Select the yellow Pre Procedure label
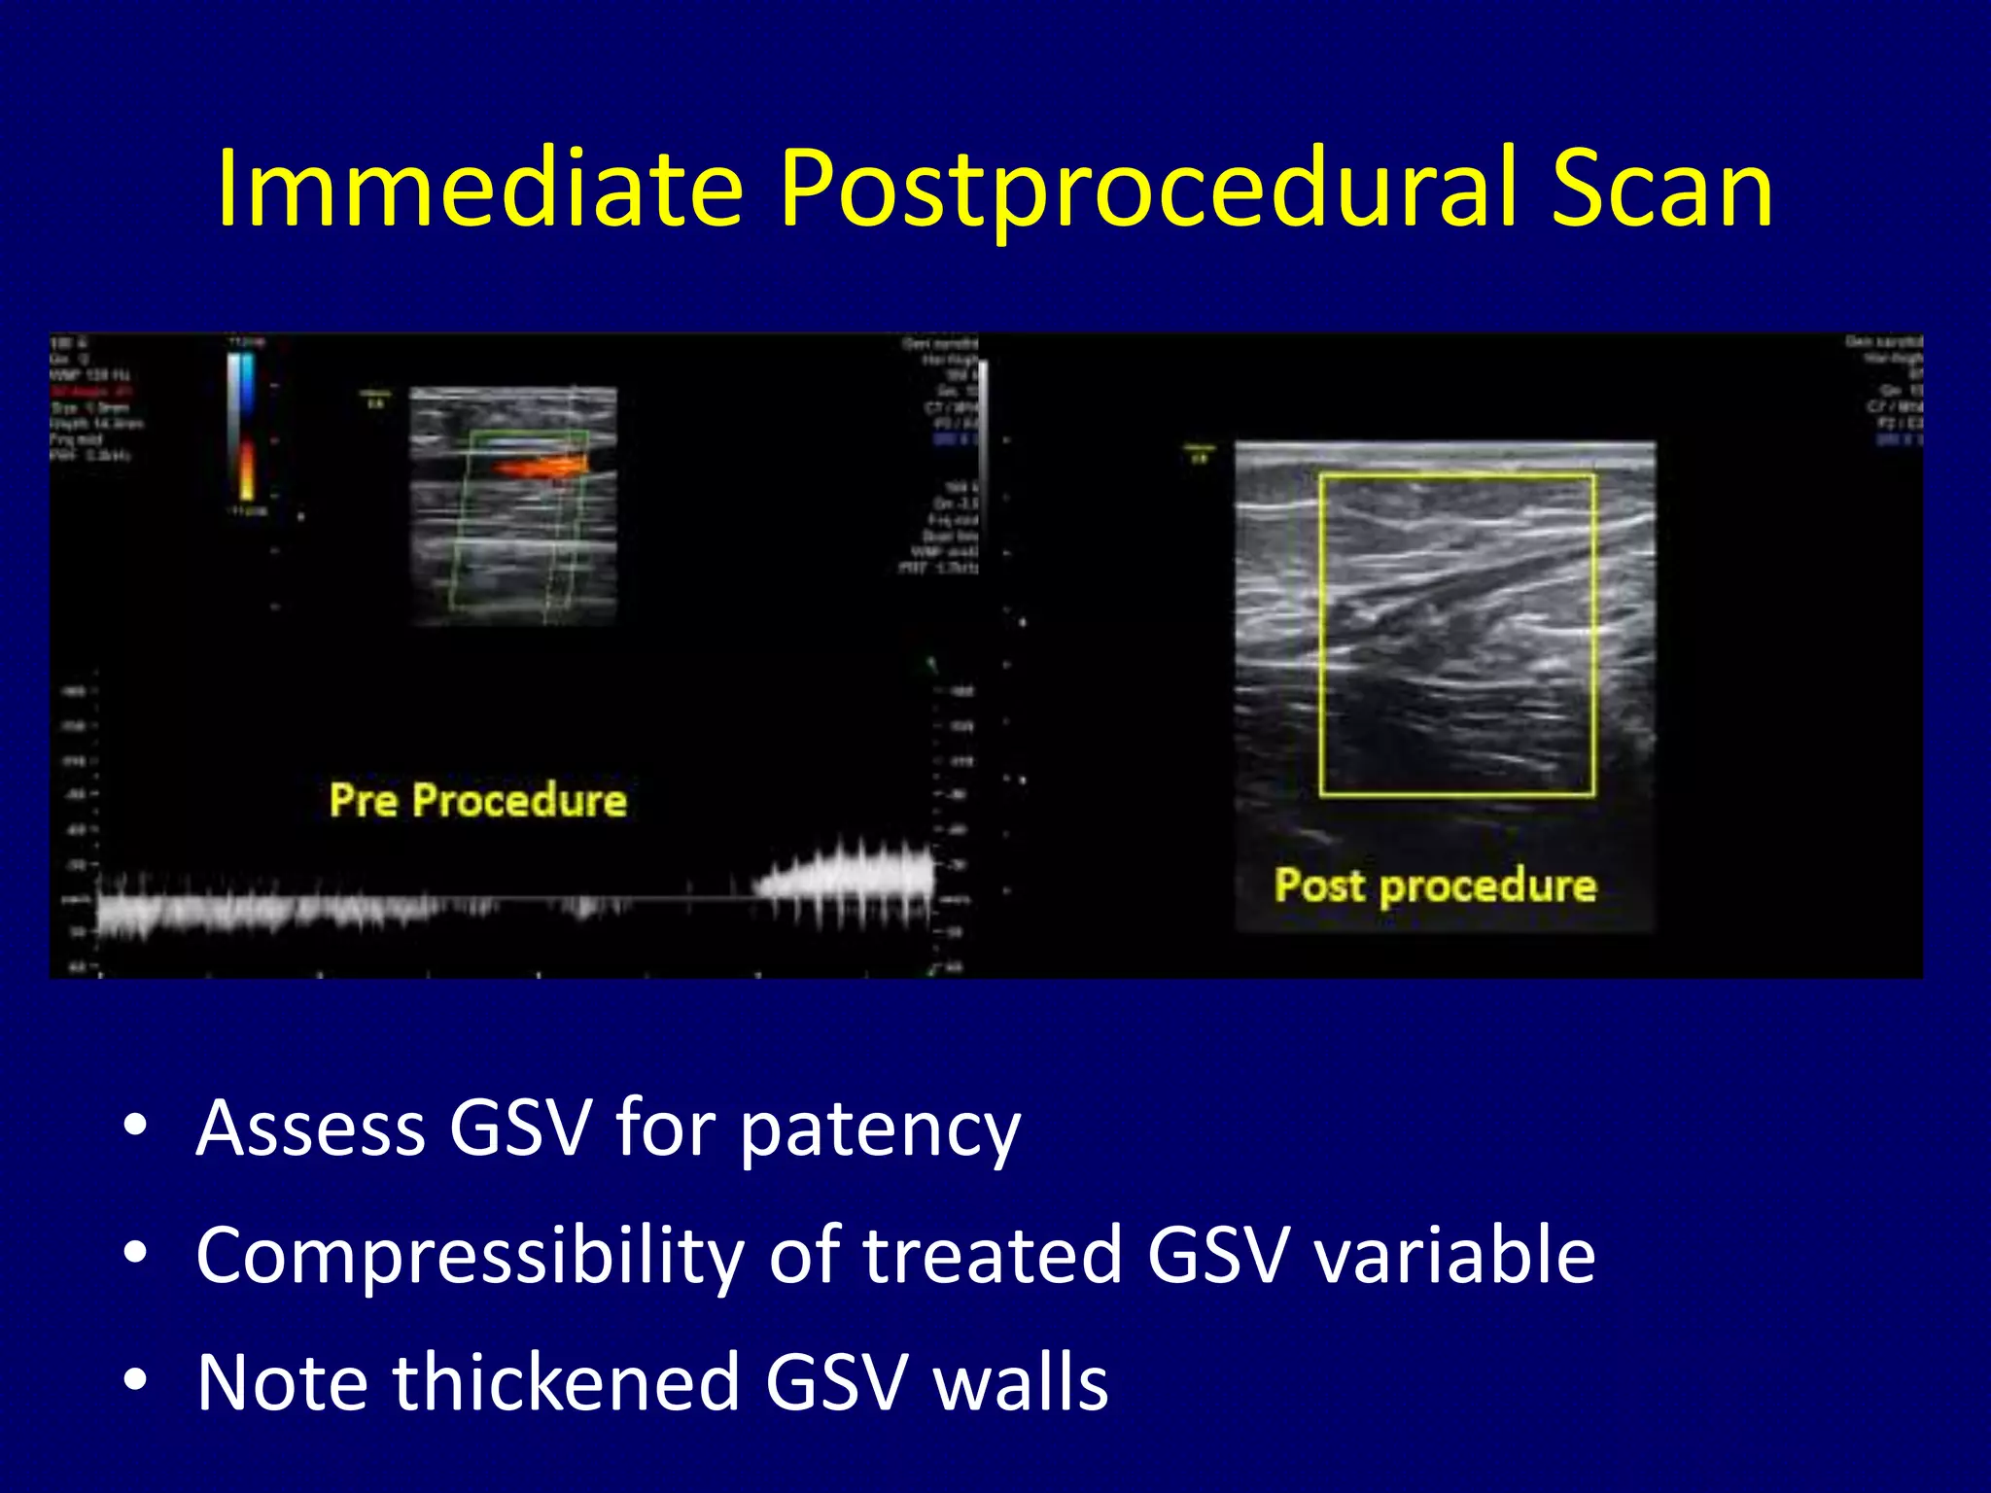pyautogui.click(x=477, y=801)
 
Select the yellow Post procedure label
pyautogui.click(x=1435, y=885)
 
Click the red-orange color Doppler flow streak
pyautogui.click(x=541, y=468)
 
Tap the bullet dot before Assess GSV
pyautogui.click(x=135, y=1127)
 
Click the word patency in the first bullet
pyautogui.click(x=880, y=1130)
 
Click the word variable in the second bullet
pyautogui.click(x=1454, y=1255)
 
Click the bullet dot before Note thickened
pyautogui.click(x=135, y=1379)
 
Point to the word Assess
pyautogui.click(x=310, y=1128)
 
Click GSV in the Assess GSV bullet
pyautogui.click(x=520, y=1128)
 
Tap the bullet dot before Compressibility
pyautogui.click(x=135, y=1253)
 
